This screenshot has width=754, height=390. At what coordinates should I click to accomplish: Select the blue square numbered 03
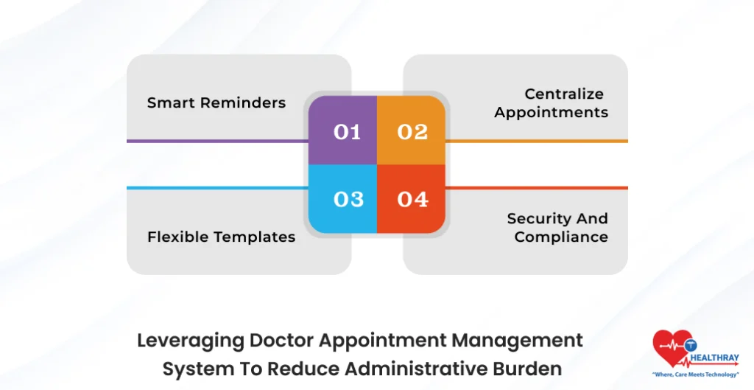(x=343, y=198)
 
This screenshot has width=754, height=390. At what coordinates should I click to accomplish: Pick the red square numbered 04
(x=412, y=198)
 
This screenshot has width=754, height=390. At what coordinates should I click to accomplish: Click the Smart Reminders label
(x=216, y=102)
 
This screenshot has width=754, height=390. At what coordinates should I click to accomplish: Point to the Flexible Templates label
(x=221, y=237)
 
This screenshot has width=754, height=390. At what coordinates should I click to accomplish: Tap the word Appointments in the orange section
(x=552, y=112)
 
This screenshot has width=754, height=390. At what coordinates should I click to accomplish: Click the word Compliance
(x=561, y=237)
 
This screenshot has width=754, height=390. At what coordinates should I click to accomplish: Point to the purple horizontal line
(x=216, y=141)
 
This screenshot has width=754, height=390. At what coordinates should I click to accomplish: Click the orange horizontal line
(x=536, y=141)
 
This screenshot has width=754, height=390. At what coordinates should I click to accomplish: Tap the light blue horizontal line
(x=216, y=188)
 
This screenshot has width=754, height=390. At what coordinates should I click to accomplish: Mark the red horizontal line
(x=536, y=188)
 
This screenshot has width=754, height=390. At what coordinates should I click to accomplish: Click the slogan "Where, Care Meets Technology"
(x=695, y=375)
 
